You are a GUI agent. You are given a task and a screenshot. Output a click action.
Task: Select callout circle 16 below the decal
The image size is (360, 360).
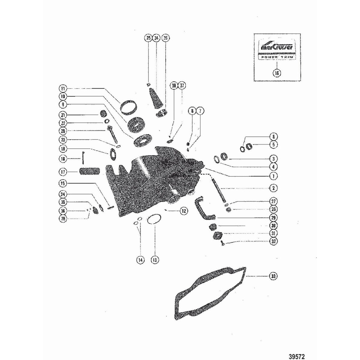[x=277, y=73]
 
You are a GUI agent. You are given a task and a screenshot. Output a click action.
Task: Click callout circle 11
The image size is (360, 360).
[x=63, y=89]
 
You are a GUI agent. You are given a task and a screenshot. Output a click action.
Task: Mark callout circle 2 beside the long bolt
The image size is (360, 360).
[x=273, y=188]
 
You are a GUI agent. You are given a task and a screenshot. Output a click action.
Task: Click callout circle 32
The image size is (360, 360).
[x=273, y=241]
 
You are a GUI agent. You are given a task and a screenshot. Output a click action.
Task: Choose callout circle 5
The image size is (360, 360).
[x=273, y=144]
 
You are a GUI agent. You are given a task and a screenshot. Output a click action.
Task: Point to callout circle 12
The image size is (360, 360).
[x=184, y=211]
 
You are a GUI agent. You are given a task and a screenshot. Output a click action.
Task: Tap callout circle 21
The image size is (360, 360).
[x=63, y=115]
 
